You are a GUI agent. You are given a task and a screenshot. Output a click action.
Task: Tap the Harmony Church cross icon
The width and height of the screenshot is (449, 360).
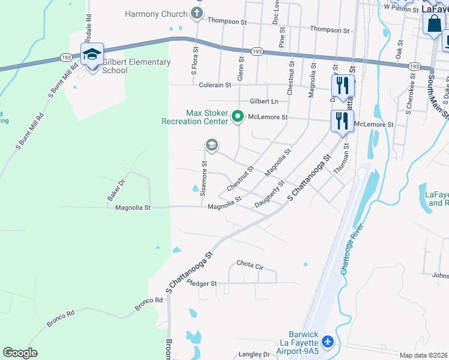(196, 13)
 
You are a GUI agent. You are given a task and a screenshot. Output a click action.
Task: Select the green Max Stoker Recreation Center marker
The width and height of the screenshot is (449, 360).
(237, 116)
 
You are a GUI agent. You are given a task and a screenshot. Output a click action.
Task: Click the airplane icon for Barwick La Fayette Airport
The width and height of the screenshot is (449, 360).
(327, 341)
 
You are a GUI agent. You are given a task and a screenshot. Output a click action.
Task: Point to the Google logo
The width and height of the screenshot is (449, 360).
(20, 353)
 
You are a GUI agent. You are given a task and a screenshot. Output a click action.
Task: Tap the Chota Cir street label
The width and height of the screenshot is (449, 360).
(250, 264)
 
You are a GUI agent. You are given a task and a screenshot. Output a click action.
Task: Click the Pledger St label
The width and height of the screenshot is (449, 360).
(201, 283)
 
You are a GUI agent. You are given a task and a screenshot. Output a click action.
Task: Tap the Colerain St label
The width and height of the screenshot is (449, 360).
(215, 85)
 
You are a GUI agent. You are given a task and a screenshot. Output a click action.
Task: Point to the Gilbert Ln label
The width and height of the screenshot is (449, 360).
(264, 101)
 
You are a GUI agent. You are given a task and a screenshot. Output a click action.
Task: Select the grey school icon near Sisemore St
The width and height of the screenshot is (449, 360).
(211, 145)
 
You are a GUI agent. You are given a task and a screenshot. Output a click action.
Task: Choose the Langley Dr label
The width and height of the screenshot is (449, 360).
(255, 355)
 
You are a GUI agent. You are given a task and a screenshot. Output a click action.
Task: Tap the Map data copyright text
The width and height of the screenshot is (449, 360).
(424, 355)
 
